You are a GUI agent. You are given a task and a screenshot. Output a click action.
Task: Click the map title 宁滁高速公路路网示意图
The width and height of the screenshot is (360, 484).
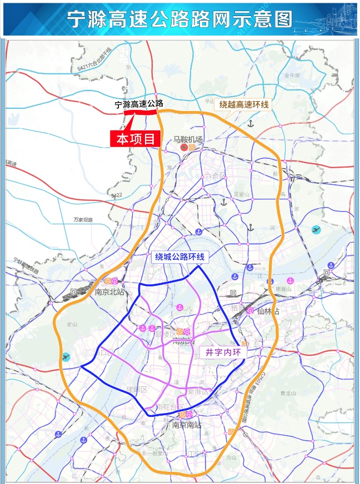[179, 19]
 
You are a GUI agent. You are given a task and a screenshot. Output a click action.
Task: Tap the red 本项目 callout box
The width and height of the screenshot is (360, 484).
[135, 138]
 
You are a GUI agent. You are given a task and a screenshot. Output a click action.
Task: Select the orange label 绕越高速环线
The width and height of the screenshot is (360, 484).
[243, 104]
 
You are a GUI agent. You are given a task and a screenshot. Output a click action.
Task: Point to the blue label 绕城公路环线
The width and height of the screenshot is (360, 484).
[180, 256]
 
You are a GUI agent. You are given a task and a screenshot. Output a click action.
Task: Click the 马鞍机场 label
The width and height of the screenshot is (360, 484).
[188, 139]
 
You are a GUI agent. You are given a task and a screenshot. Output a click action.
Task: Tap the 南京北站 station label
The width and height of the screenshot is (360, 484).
[109, 291]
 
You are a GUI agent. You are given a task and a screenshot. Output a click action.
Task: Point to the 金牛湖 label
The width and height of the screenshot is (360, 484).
[292, 75]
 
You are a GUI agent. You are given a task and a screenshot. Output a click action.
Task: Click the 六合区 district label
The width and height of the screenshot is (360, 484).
[216, 176]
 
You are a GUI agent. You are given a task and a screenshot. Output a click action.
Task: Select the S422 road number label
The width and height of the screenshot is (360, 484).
[117, 195]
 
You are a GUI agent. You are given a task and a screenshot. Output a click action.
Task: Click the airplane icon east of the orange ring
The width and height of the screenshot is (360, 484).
[317, 230]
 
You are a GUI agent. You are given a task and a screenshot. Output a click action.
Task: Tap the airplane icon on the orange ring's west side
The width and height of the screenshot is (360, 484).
[66, 356]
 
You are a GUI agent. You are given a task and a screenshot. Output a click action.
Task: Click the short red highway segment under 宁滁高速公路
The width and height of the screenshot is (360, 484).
[140, 112]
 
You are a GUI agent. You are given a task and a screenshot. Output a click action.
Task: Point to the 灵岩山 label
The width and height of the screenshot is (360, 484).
[242, 194]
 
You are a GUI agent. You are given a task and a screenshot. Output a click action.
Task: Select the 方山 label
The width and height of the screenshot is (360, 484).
[231, 457]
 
